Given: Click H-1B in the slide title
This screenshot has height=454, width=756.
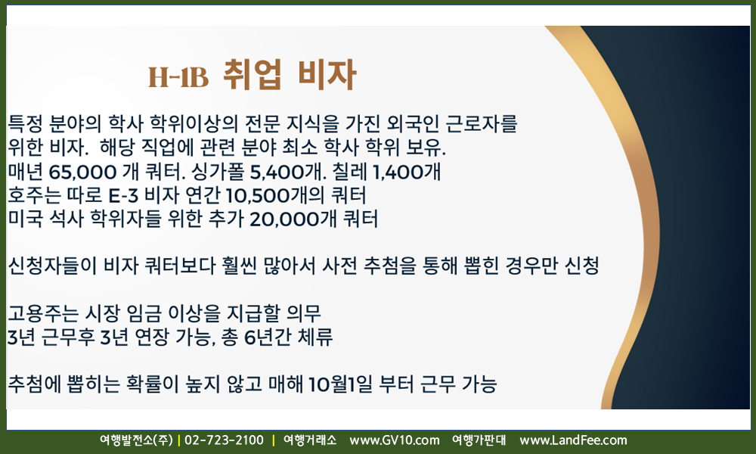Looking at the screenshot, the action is click(178, 76).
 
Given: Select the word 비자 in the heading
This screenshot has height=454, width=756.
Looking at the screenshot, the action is click(327, 74).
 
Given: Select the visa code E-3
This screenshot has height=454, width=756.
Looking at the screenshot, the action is click(123, 195).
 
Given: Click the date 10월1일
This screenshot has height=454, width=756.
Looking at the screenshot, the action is click(340, 384).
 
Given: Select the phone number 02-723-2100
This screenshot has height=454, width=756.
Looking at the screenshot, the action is click(225, 440).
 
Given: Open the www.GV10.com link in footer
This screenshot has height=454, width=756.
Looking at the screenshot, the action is click(395, 440).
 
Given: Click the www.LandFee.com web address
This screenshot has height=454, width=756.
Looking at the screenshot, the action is click(573, 440).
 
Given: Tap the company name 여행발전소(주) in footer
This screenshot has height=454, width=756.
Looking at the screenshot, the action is click(136, 440).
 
